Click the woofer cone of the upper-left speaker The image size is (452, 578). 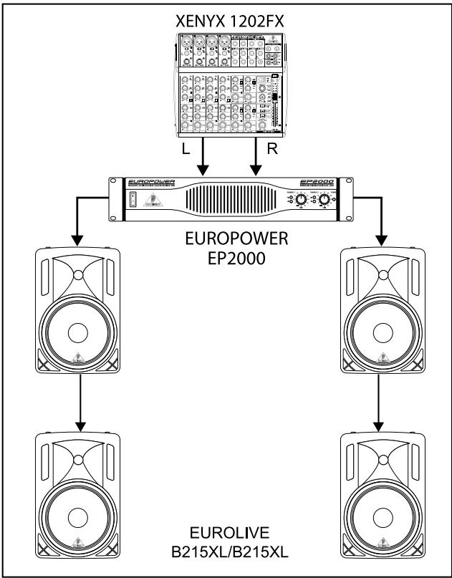tap(78, 332)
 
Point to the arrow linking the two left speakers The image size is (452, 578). tap(78, 400)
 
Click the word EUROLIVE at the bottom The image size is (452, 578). tap(226, 534)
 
